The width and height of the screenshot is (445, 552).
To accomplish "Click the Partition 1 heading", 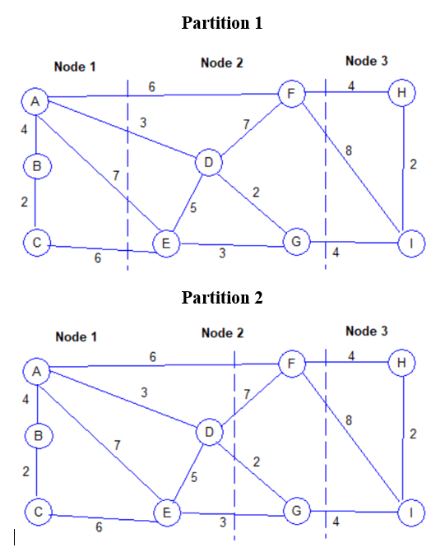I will pyautogui.click(x=221, y=23).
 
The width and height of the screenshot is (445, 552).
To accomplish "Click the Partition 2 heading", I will pyautogui.click(x=221, y=297).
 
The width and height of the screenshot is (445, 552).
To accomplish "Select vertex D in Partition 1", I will pyautogui.click(x=209, y=164).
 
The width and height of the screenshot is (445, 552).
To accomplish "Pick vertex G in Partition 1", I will pyautogui.click(x=294, y=241).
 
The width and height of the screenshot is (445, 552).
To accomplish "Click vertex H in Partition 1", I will pyautogui.click(x=401, y=93).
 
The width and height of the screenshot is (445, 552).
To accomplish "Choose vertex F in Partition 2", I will pyautogui.click(x=291, y=363).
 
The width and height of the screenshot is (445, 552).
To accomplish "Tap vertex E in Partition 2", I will pyautogui.click(x=167, y=513).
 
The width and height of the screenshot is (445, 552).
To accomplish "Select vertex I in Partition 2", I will pyautogui.click(x=410, y=512).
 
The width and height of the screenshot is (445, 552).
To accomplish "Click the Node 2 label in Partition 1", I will pyautogui.click(x=222, y=63).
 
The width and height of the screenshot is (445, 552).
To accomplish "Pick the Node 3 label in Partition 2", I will pyautogui.click(x=367, y=331).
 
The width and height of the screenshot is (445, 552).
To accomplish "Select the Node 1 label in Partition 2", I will pyautogui.click(x=76, y=336).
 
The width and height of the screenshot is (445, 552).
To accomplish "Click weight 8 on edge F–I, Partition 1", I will pyautogui.click(x=349, y=150).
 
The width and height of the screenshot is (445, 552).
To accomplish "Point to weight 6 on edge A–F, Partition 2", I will pyautogui.click(x=153, y=356).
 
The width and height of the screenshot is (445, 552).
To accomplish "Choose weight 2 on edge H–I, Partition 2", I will pyautogui.click(x=413, y=434).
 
